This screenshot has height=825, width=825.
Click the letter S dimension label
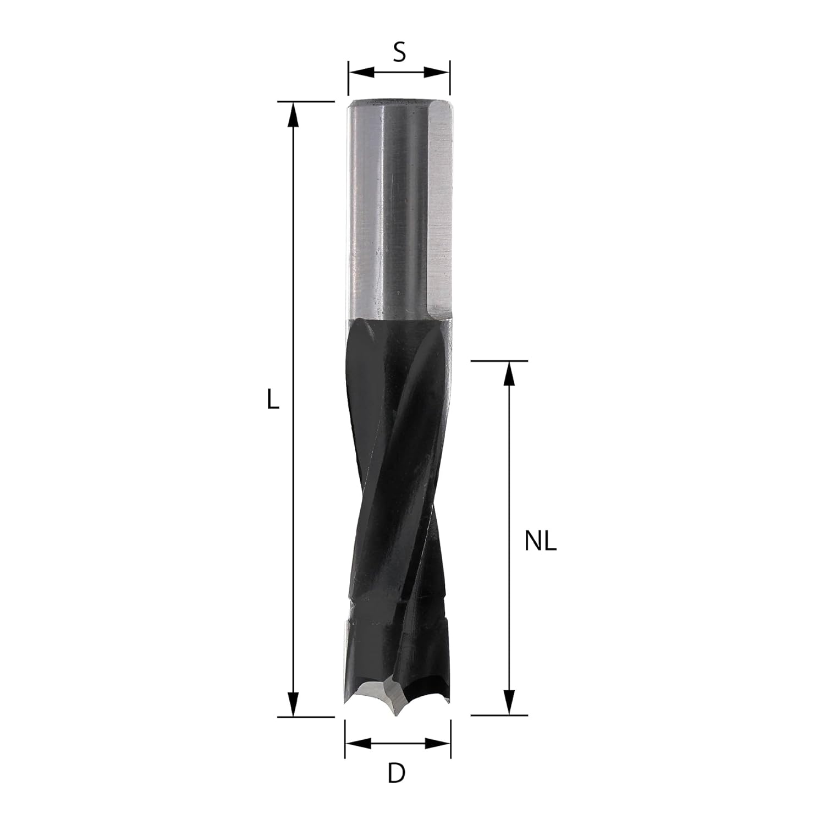(399, 52)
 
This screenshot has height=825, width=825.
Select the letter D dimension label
(396, 773)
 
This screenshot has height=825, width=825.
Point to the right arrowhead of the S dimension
(437, 73)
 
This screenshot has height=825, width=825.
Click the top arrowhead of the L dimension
(294, 115)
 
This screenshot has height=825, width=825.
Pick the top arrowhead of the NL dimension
(510, 374)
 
